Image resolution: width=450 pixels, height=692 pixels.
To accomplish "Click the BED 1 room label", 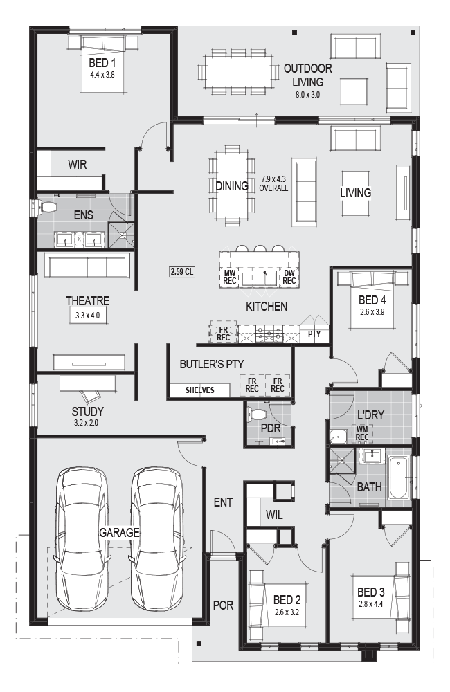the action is tap(102, 63).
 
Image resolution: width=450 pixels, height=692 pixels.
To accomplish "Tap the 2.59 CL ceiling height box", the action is tap(182, 272).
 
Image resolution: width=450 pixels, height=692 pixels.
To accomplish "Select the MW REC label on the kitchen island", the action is tap(230, 277).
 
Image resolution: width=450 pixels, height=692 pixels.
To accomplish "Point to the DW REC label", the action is tap(289, 277).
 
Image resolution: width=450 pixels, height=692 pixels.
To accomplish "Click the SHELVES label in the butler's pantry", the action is tap(199, 390).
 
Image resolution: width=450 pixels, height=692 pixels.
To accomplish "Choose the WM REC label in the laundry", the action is tap(361, 433).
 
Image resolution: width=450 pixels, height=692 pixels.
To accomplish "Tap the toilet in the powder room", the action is tap(256, 414).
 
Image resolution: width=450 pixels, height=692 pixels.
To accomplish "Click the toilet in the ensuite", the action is tap(46, 208).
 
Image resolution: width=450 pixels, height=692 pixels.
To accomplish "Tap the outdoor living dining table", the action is tap(238, 72).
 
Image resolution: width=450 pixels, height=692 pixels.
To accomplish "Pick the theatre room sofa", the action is tap(87, 265).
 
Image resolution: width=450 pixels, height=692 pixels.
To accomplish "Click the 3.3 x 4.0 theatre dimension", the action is tap(87, 316).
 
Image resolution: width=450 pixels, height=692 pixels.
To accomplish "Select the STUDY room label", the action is tap(87, 411).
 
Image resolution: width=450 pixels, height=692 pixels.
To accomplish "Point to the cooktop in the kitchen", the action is tap(268, 334).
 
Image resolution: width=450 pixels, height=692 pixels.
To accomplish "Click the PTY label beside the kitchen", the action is tap(314, 334).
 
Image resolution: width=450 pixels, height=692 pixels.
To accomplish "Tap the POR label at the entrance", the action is tap(223, 605).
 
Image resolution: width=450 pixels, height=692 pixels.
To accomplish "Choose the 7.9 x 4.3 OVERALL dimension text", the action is tap(273, 183).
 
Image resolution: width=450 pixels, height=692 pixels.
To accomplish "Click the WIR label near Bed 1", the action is tap(78, 165).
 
